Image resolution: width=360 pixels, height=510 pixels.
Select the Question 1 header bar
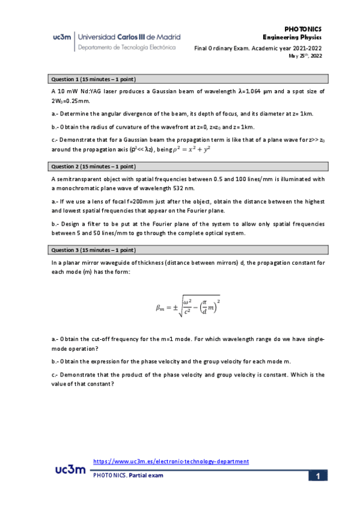point(188,79)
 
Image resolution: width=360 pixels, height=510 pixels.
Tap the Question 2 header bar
point(188,166)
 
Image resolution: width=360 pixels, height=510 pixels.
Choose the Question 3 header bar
point(188,250)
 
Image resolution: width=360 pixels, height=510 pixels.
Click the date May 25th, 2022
point(305,56)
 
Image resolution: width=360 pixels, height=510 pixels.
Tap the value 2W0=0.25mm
point(71,101)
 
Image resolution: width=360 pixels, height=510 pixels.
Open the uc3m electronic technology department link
point(171,461)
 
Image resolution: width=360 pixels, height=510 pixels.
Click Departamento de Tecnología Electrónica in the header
point(127,46)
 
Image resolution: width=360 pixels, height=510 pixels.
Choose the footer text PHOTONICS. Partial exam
point(127,475)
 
